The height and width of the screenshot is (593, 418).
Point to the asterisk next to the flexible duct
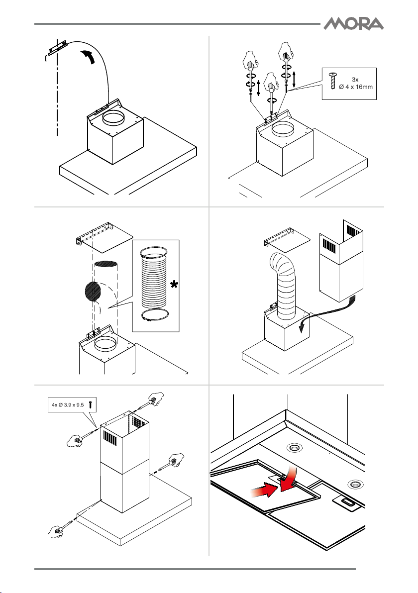click(174, 285)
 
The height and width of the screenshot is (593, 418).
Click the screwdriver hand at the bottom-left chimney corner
click(56, 530)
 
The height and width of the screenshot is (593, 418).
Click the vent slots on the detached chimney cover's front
click(330, 247)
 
